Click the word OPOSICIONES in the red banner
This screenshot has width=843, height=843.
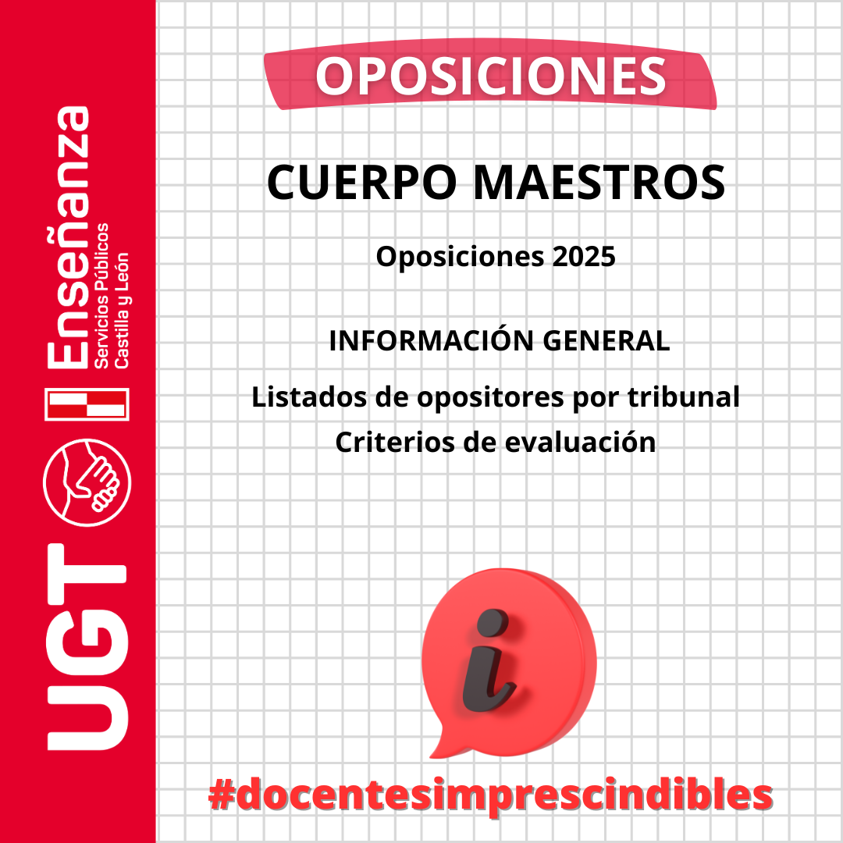pyautogui.click(x=490, y=76)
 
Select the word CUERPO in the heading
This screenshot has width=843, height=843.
pyautogui.click(x=362, y=182)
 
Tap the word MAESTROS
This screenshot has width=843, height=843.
pyautogui.click(x=599, y=182)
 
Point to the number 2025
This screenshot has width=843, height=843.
pyautogui.click(x=583, y=257)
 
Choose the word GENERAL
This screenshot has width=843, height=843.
pyautogui.click(x=606, y=341)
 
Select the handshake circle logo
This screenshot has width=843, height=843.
pyautogui.click(x=87, y=482)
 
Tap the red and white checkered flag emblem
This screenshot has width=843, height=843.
pyautogui.click(x=87, y=404)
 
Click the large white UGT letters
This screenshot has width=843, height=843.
pyautogui.click(x=87, y=647)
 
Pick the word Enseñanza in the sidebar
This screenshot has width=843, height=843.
pyautogui.click(x=68, y=237)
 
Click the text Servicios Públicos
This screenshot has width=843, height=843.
pyautogui.click(x=101, y=296)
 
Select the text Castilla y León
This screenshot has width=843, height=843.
pyautogui.click(x=121, y=310)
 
